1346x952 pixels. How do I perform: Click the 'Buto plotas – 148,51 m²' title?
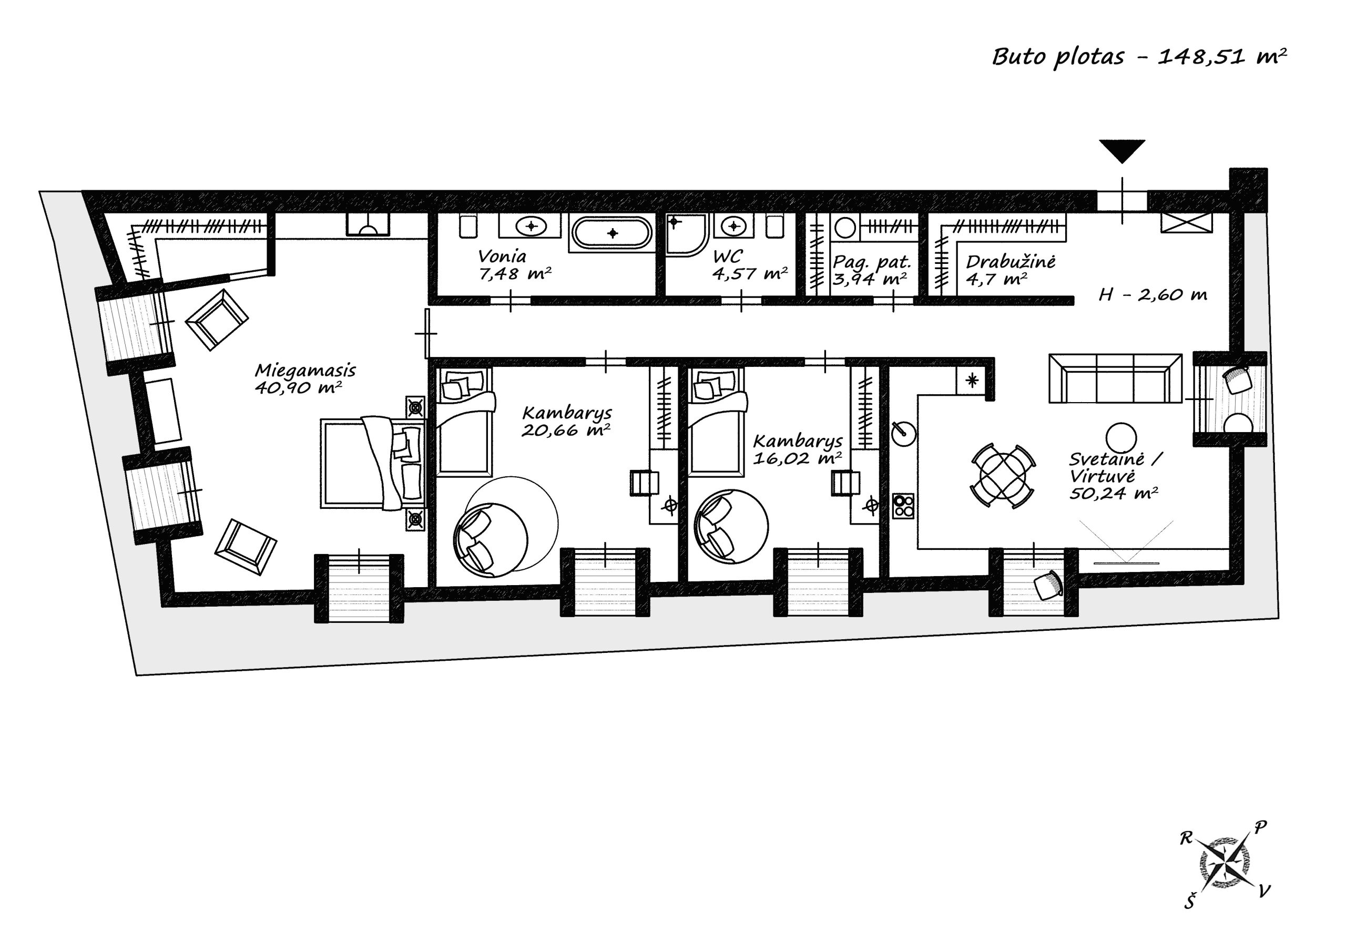[1139, 57]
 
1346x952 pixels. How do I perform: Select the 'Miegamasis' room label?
[305, 371]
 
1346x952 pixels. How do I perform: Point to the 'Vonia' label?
[502, 256]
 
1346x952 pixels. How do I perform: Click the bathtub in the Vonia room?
[612, 233]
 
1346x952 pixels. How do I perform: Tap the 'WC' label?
[727, 257]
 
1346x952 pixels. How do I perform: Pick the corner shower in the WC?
[687, 235]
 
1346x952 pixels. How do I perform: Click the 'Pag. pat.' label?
[872, 261]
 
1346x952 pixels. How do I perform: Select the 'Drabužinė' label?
[1011, 261]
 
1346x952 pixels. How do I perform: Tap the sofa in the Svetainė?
[1115, 378]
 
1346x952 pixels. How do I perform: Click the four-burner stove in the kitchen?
[903, 506]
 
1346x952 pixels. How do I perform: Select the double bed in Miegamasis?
[372, 463]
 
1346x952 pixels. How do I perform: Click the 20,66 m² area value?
[565, 431]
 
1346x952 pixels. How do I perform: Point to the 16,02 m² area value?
[797, 458]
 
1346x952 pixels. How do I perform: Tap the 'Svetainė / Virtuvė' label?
[1116, 467]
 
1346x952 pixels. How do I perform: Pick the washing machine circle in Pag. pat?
[845, 228]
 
